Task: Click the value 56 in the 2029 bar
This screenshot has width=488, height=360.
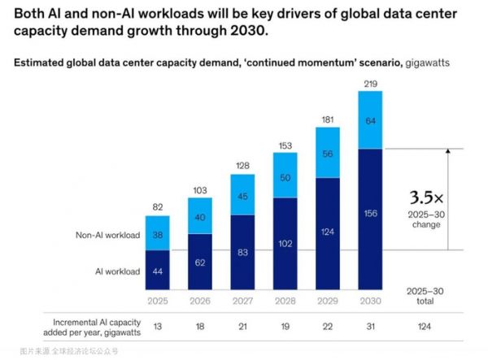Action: (x=328, y=154)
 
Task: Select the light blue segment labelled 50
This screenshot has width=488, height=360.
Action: (x=285, y=179)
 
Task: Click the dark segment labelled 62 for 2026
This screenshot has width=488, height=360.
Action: (x=200, y=263)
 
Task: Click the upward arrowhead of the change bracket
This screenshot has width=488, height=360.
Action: (x=447, y=151)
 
